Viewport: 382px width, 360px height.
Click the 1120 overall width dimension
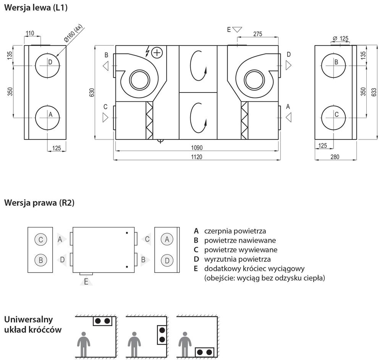pos(196,157)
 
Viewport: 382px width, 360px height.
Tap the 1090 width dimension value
pos(197,148)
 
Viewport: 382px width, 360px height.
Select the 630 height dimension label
pos(92,92)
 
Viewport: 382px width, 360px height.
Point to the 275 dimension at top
pos(257,34)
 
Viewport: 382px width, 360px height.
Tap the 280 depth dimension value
pos(335,157)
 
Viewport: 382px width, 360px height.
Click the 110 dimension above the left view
pos(30,33)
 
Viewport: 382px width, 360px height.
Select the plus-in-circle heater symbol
pos(157,53)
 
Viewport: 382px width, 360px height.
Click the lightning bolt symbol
pos(147,52)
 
